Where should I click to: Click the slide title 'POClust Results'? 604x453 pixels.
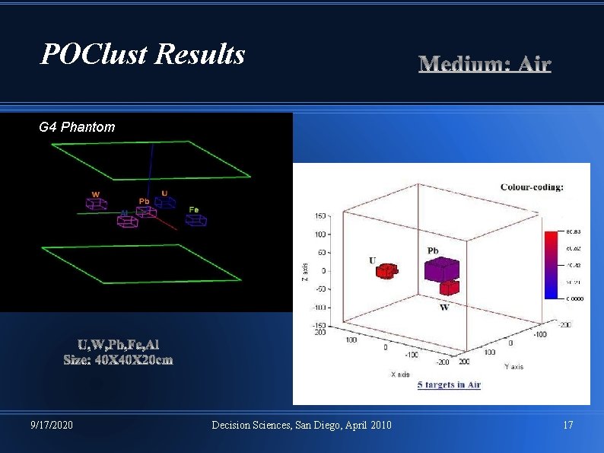click(x=143, y=54)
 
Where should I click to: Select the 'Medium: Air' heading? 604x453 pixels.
click(x=485, y=64)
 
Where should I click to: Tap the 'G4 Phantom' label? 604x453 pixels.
click(x=77, y=127)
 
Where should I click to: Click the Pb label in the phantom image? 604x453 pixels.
click(x=144, y=201)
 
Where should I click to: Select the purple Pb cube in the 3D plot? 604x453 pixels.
click(x=442, y=269)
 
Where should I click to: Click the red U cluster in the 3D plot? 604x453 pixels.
click(x=388, y=270)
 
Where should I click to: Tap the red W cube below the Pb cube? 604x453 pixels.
click(x=450, y=288)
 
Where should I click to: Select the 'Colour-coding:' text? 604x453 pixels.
click(x=532, y=187)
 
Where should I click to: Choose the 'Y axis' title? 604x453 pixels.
click(x=513, y=367)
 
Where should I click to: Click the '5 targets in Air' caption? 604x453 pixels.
click(x=449, y=384)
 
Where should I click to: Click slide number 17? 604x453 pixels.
click(x=567, y=425)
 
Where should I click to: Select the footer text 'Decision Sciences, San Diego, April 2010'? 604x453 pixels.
click(x=301, y=425)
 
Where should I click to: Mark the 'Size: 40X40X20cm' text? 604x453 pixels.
click(x=118, y=360)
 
